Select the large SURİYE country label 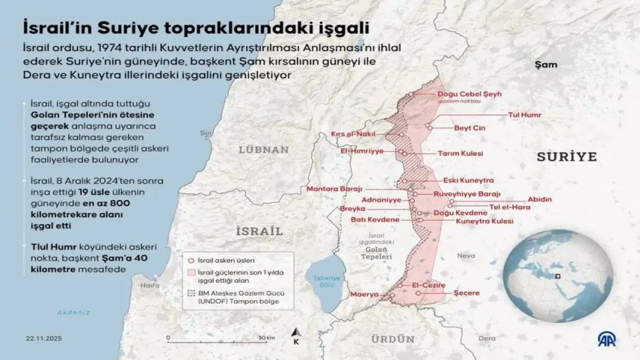pos(567,157)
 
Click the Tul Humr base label pos(525,116)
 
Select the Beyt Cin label pos(469,128)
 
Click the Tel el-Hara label pos(510,207)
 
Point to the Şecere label pos(466,293)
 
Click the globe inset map pos(557,276)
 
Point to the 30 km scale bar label pos(266,338)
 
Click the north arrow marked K pos(296,337)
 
